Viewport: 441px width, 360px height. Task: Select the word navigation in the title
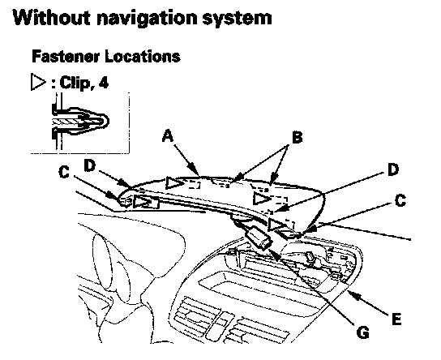[148, 19]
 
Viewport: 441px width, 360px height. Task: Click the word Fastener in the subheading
[66, 56]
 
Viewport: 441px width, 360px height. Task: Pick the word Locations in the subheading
[143, 56]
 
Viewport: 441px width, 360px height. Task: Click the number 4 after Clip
[103, 83]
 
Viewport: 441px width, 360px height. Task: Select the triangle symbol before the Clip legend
[38, 82]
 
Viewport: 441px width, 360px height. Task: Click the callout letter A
[168, 136]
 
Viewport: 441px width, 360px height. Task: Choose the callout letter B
[298, 138]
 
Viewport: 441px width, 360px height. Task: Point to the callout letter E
[396, 319]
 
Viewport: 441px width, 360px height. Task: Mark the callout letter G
[362, 332]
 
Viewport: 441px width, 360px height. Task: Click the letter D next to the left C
[90, 165]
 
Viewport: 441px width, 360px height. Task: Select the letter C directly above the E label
[400, 200]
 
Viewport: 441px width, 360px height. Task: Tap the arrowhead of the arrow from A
[195, 171]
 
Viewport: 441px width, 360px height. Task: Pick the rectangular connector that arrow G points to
[259, 238]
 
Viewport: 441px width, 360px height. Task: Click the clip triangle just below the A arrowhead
[174, 183]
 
